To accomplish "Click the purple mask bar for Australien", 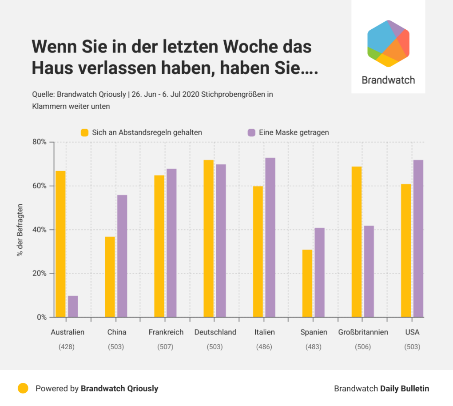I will click(x=73, y=306).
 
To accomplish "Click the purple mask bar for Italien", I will click(x=270, y=237).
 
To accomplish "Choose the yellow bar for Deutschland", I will click(x=209, y=239).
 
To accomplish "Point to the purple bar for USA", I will click(x=418, y=239).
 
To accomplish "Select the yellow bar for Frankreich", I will click(x=159, y=246).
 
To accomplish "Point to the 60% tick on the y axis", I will click(x=40, y=186).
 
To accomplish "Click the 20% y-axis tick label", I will click(x=40, y=273).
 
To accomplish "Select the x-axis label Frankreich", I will click(x=166, y=332).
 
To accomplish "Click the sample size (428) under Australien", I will click(x=67, y=346).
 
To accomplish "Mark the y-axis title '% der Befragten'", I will click(x=20, y=230).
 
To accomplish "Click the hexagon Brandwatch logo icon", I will click(x=388, y=44).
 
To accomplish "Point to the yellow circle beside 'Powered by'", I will click(x=23, y=388).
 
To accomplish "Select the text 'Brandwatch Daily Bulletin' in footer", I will click(x=381, y=389).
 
